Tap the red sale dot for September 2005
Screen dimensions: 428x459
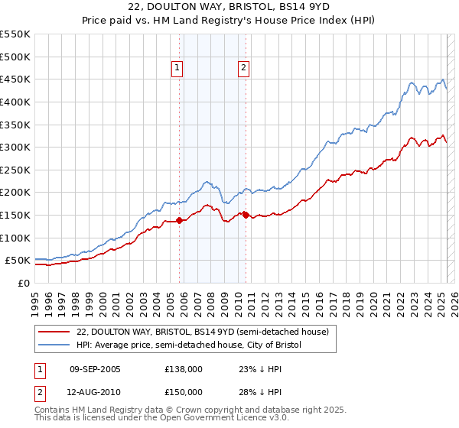[180, 220]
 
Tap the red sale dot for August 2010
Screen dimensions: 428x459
[246, 215]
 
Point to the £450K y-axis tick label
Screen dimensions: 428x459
[15, 79]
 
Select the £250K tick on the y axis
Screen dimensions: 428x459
[15, 170]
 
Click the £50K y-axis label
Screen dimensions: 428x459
[18, 261]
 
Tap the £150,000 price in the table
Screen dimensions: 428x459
[183, 391]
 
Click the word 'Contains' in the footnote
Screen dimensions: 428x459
[54, 410]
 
